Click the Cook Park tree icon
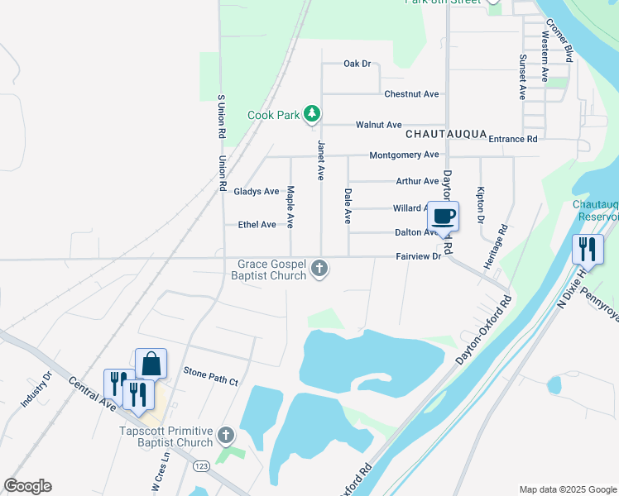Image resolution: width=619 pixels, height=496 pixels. (311, 114)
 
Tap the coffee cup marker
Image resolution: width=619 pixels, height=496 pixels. (443, 217)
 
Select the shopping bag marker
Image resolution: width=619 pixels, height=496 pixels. (151, 364)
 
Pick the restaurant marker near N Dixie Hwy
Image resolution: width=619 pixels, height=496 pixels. (588, 249)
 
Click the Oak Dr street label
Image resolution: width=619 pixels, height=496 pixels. (357, 64)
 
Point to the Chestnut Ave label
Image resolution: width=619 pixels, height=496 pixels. (411, 94)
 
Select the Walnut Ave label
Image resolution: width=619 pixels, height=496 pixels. (378, 125)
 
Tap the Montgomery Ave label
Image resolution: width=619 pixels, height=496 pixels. (404, 155)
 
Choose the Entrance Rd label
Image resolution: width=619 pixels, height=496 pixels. (513, 139)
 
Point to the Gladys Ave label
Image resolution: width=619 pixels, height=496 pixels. (257, 192)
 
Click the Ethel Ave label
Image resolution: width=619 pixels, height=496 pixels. (257, 225)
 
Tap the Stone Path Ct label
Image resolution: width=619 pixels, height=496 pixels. (210, 381)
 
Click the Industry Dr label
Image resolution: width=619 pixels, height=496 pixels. (36, 389)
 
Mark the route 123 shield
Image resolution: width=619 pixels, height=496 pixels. (223, 468)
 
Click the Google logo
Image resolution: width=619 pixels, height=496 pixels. (28, 486)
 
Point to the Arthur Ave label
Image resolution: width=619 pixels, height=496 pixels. (417, 181)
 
